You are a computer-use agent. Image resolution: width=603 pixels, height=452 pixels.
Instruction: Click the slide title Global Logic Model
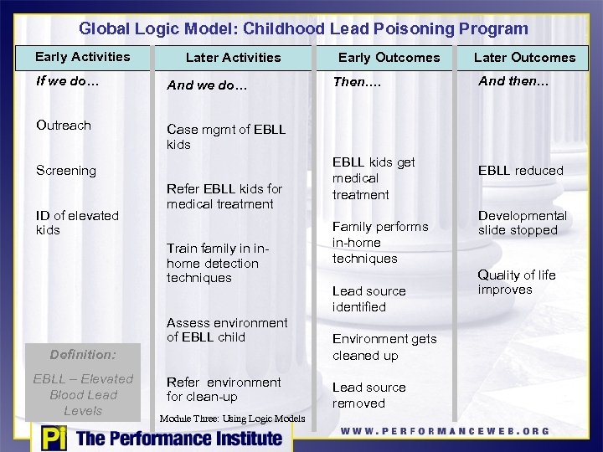point(303,28)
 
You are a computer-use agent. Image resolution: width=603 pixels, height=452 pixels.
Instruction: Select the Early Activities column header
point(82,57)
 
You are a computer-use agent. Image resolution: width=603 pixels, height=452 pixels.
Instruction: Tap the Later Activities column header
point(233,58)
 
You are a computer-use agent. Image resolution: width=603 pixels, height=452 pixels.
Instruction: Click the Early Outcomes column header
point(389,58)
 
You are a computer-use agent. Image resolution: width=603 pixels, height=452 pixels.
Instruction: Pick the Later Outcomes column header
point(524,58)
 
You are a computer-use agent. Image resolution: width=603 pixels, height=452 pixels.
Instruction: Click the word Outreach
point(64,126)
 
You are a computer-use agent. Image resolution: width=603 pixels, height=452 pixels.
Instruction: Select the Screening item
point(66,171)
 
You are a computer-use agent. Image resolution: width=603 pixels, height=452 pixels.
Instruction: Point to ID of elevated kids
point(77,223)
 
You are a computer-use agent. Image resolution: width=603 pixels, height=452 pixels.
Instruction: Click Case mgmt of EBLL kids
point(226,137)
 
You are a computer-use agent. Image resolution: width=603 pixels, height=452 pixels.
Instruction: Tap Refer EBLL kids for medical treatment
point(224,197)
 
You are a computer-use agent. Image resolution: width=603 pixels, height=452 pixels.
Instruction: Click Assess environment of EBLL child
point(227,330)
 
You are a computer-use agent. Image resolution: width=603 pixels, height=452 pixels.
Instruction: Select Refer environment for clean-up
point(224,389)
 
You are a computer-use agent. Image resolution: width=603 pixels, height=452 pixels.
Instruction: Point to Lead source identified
point(368,299)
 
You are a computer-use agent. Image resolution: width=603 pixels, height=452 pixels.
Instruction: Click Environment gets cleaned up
point(384,347)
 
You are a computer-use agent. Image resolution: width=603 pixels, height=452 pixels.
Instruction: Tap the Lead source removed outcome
point(368,395)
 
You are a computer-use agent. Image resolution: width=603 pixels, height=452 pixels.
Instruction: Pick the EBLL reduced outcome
point(520,171)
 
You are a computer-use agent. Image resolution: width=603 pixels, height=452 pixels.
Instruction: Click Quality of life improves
point(517,282)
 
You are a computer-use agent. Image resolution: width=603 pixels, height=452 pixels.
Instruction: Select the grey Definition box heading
point(82,355)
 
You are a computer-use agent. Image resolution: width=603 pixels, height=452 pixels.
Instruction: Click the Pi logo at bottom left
point(52,438)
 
